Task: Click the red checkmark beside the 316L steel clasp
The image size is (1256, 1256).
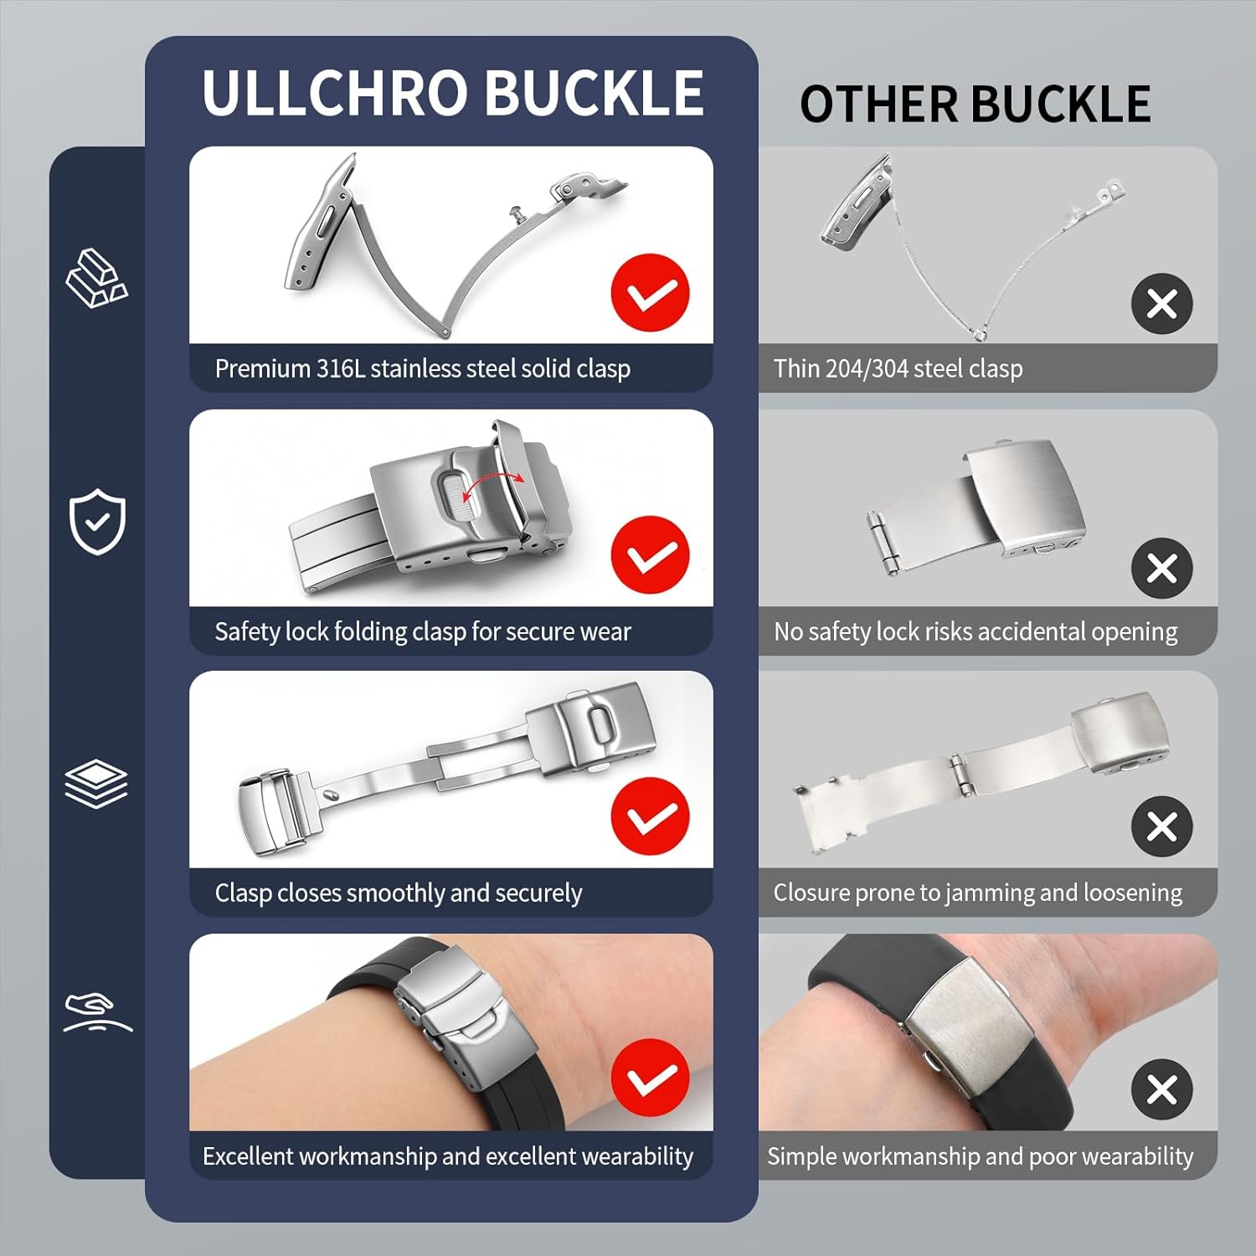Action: (x=650, y=293)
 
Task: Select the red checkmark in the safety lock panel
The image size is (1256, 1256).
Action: (x=650, y=554)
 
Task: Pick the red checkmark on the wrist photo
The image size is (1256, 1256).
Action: (x=650, y=1078)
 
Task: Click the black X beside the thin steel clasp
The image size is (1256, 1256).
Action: (x=1162, y=303)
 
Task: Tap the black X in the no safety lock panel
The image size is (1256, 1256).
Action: (x=1162, y=568)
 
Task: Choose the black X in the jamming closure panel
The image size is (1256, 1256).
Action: (x=1162, y=826)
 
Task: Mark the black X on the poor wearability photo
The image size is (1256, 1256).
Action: (x=1162, y=1090)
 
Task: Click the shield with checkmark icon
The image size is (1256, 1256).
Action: (x=97, y=522)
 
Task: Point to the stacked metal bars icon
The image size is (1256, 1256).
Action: (x=96, y=277)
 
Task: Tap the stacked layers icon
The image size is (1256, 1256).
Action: (x=96, y=785)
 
